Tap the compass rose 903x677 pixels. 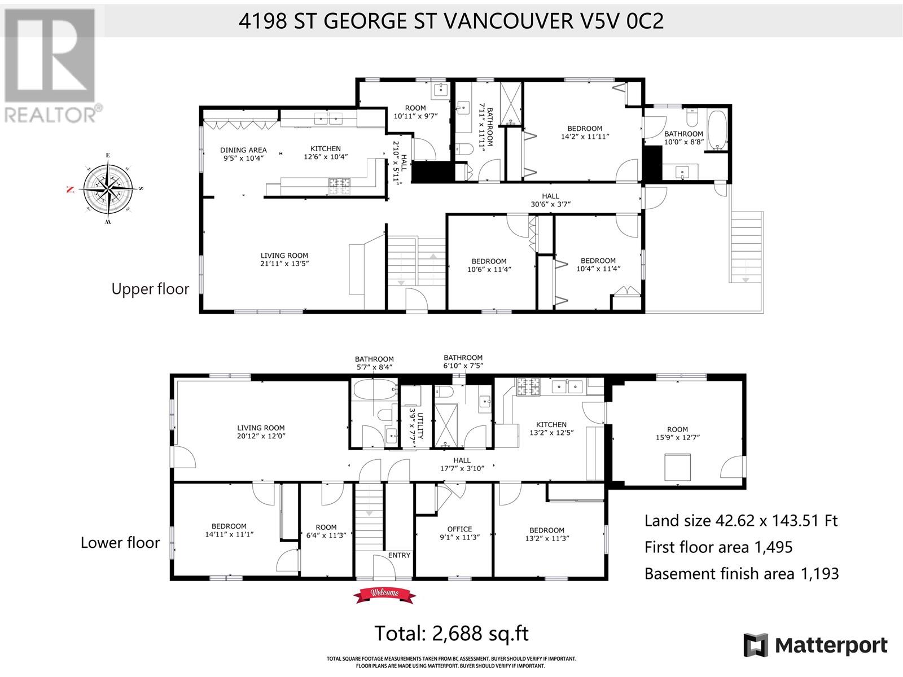click(x=108, y=189)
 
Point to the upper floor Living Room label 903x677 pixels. click(x=284, y=255)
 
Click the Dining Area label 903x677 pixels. click(x=244, y=150)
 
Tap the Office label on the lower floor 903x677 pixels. click(x=459, y=529)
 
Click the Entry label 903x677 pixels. click(x=399, y=555)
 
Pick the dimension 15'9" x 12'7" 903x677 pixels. click(x=678, y=438)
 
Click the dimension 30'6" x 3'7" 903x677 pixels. click(x=550, y=204)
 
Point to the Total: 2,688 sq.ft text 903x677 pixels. click(x=451, y=634)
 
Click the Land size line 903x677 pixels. click(x=741, y=521)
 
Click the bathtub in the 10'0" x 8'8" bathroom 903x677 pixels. click(x=717, y=130)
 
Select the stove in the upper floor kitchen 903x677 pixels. click(x=339, y=186)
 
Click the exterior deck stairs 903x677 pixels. click(x=746, y=247)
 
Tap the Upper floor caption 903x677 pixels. click(x=150, y=289)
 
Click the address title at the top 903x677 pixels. click(x=451, y=20)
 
